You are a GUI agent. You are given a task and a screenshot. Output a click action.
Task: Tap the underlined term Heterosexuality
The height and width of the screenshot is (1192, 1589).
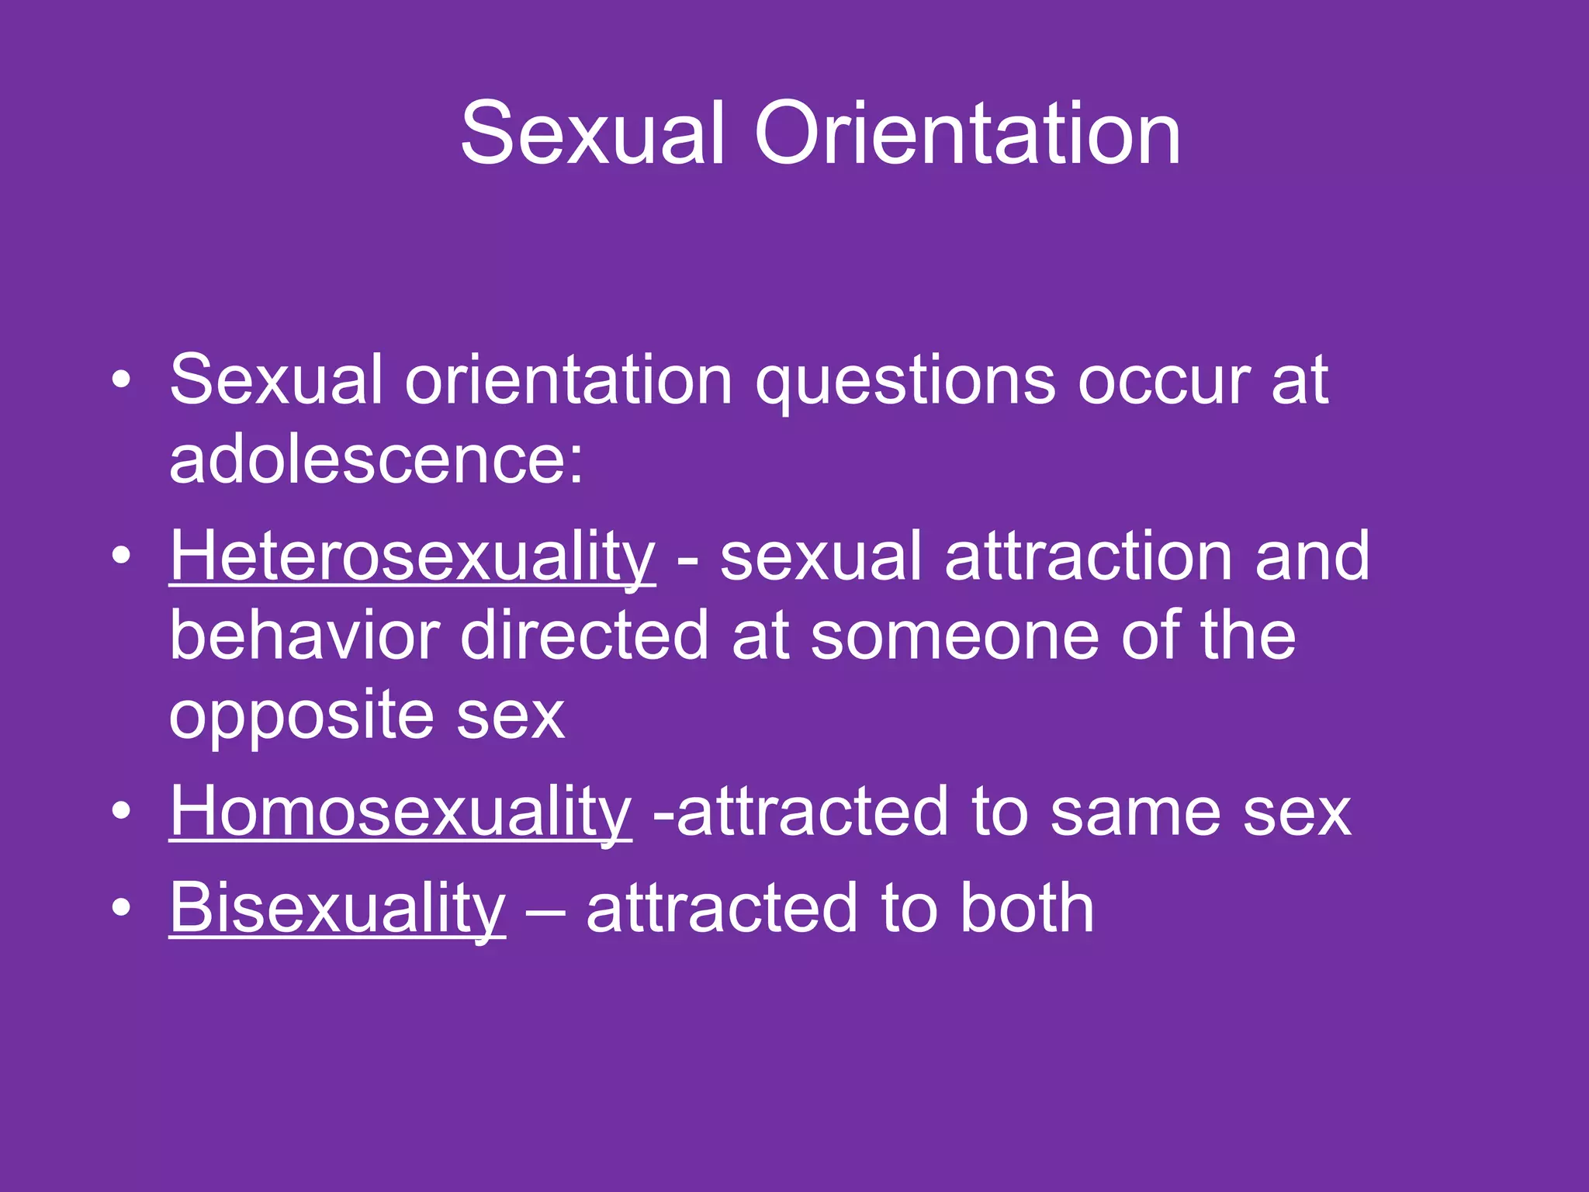pos(413,557)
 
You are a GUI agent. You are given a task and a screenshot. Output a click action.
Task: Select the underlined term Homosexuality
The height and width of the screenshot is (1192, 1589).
pos(400,812)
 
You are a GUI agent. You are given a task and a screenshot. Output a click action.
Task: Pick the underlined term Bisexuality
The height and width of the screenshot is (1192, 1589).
pos(338,908)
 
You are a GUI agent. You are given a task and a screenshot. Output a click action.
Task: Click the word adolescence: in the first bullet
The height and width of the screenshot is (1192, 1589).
pos(376,459)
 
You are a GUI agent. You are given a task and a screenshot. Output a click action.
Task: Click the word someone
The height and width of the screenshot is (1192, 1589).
pos(955,636)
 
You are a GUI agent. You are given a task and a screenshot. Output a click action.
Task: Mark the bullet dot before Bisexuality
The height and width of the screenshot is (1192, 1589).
pos(121,907)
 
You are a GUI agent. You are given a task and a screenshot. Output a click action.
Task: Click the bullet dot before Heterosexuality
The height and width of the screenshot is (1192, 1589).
pos(121,556)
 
